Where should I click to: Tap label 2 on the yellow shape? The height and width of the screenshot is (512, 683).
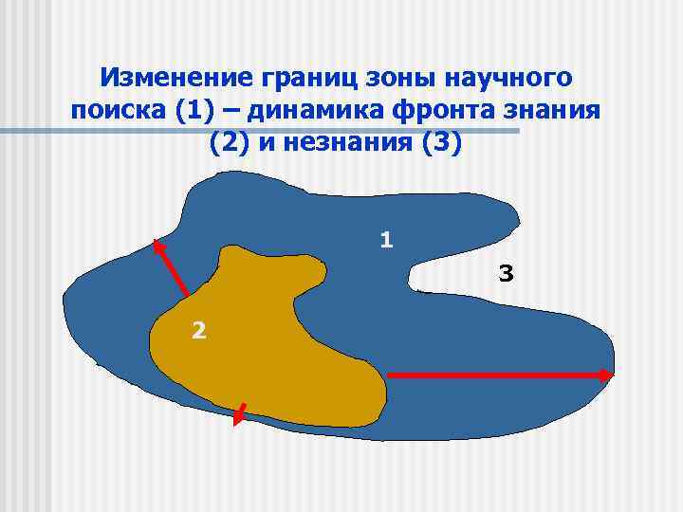[197, 330]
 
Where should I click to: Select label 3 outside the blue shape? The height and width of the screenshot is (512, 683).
[506, 275]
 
